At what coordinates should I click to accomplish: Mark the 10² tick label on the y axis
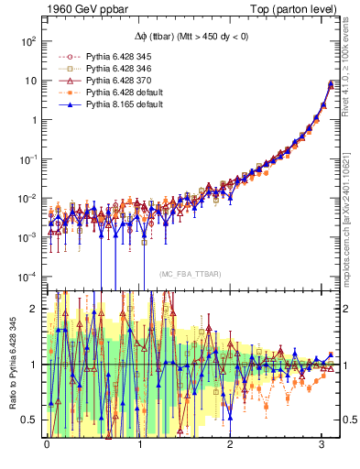27,41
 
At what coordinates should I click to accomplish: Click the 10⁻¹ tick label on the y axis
27,159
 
